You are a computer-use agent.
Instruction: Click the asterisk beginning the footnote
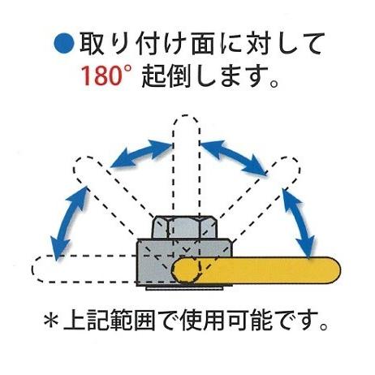tap(52, 327)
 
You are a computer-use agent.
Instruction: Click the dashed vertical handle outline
tap(186, 162)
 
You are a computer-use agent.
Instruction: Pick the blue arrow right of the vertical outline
tap(235, 155)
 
